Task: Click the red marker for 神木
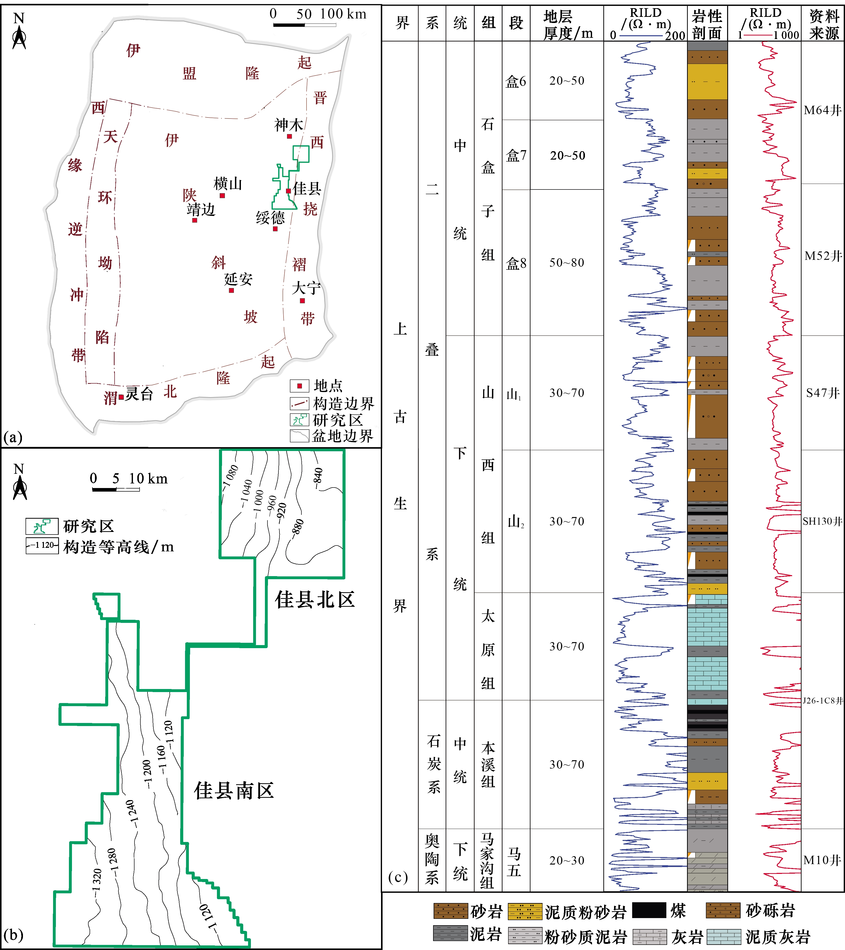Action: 289,136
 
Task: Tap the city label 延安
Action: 238,279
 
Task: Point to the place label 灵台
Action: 139,394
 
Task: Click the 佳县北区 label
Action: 315,600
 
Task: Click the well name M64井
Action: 823,110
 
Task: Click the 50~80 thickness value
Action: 567,263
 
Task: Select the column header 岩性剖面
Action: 707,24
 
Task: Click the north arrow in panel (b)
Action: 19,483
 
